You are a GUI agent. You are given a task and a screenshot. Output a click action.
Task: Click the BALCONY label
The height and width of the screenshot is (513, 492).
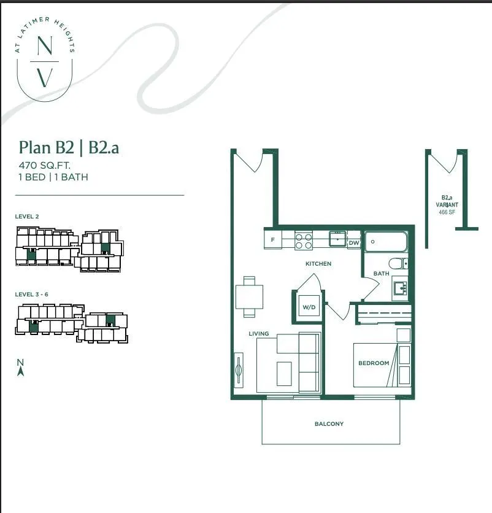coord(329,423)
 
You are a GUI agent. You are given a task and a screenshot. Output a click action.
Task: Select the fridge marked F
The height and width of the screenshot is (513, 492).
coord(273,239)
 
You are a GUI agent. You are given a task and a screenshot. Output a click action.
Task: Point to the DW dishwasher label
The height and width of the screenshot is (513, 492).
coord(353,243)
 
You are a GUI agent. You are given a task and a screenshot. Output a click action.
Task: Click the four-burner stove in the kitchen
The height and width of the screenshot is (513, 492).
coord(304,241)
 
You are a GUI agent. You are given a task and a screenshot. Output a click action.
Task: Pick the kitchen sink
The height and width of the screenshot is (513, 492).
coord(337,239)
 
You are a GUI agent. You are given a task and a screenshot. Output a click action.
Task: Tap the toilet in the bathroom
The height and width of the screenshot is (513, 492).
coord(398,263)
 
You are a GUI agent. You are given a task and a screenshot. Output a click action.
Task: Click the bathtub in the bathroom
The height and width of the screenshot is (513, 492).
coord(386,241)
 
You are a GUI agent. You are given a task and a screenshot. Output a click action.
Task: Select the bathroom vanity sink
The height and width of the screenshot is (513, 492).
coord(401,288)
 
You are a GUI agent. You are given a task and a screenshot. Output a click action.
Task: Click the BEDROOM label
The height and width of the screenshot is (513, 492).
coord(374,363)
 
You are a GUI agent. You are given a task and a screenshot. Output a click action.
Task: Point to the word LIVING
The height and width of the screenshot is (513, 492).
coord(258,333)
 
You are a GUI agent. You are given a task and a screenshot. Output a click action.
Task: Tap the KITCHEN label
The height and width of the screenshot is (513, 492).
coord(318,263)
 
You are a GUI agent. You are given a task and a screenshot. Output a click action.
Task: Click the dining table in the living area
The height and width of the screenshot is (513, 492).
coord(249,297)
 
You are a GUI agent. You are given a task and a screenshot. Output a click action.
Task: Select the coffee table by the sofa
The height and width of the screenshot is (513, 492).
coord(284,374)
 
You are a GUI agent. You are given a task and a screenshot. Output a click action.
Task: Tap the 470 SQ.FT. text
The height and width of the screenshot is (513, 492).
coord(45,165)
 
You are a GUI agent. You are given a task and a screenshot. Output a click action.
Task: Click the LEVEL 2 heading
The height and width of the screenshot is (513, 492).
coord(27,216)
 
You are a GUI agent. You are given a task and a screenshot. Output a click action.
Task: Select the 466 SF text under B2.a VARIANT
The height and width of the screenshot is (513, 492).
coord(447,212)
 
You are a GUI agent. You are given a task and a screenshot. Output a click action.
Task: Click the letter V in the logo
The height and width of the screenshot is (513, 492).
coord(45,78)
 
